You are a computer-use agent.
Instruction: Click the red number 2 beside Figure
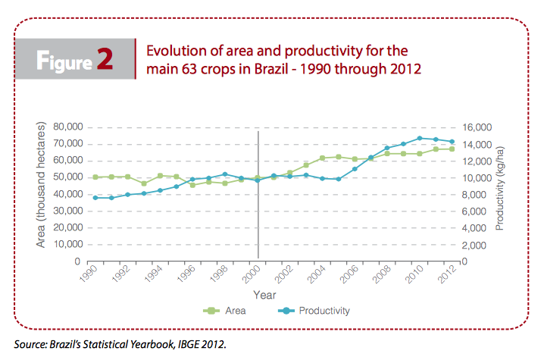105,59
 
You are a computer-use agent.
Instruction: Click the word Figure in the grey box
64,61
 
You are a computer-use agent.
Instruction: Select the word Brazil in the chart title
271,69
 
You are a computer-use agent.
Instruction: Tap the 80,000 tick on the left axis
68,127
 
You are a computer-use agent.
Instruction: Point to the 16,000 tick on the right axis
477,127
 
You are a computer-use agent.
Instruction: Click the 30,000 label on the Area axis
68,211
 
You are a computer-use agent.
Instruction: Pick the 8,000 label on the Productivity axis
474,195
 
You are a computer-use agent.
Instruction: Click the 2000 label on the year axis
252,274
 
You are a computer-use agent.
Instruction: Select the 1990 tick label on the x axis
89,274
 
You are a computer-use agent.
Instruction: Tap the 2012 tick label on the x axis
447,274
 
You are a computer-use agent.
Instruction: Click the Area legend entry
224,311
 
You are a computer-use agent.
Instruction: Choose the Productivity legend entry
314,311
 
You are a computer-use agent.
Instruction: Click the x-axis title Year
264,295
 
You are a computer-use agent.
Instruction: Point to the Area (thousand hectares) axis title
41,185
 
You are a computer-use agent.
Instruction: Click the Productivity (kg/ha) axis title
499,189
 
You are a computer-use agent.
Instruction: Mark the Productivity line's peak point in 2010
420,138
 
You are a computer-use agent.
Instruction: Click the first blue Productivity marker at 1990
95,198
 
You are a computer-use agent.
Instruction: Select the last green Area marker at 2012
452,149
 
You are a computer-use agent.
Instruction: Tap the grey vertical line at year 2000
258,195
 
